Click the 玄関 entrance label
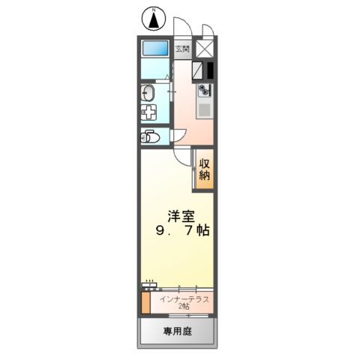click(x=183, y=50)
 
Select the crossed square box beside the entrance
click(x=204, y=50)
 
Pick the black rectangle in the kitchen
click(x=211, y=70)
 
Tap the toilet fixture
click(x=150, y=138)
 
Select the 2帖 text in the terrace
click(x=184, y=308)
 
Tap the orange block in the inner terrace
click(x=145, y=303)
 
